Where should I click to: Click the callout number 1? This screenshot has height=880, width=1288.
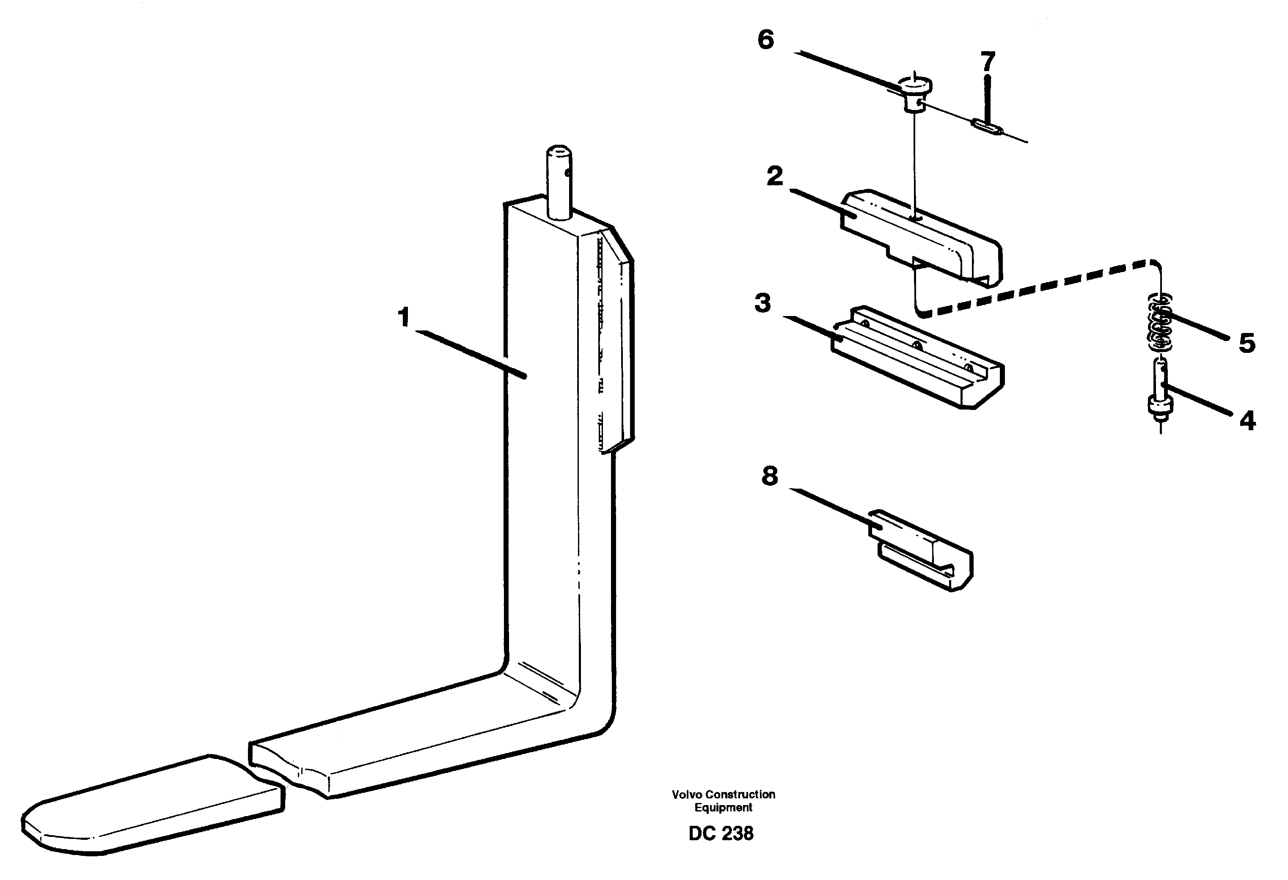404,318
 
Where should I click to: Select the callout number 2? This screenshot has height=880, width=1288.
774,176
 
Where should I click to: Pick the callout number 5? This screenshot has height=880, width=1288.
1247,344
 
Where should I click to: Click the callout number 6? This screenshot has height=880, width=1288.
765,40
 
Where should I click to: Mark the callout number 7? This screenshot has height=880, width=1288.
988,61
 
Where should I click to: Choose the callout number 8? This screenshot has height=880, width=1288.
770,476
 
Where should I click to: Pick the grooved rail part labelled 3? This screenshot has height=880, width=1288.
917,357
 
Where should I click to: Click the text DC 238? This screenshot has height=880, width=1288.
721,834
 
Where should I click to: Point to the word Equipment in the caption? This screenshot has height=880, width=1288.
723,808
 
